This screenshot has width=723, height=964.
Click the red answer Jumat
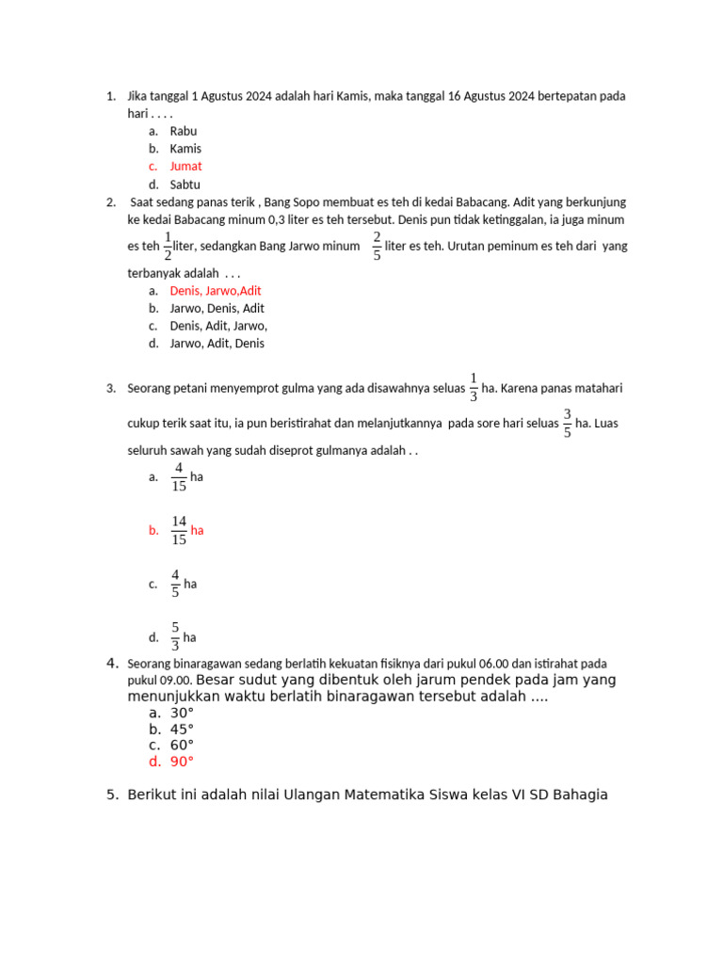tap(185, 167)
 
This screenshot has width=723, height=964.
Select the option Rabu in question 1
tap(183, 131)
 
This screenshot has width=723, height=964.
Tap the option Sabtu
tap(185, 185)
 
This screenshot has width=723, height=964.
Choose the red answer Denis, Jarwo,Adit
tap(216, 291)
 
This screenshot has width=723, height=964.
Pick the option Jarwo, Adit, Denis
tap(217, 344)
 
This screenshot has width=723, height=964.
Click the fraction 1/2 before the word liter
tap(168, 246)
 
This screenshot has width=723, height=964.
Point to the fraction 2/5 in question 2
tap(377, 246)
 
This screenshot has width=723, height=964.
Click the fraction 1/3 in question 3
tap(474, 387)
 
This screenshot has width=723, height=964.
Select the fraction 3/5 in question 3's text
tap(567, 424)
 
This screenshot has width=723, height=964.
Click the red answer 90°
tap(182, 762)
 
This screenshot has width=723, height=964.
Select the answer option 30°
tap(182, 713)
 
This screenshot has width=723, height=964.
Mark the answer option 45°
tap(182, 729)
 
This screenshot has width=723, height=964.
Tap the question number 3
tap(110, 388)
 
